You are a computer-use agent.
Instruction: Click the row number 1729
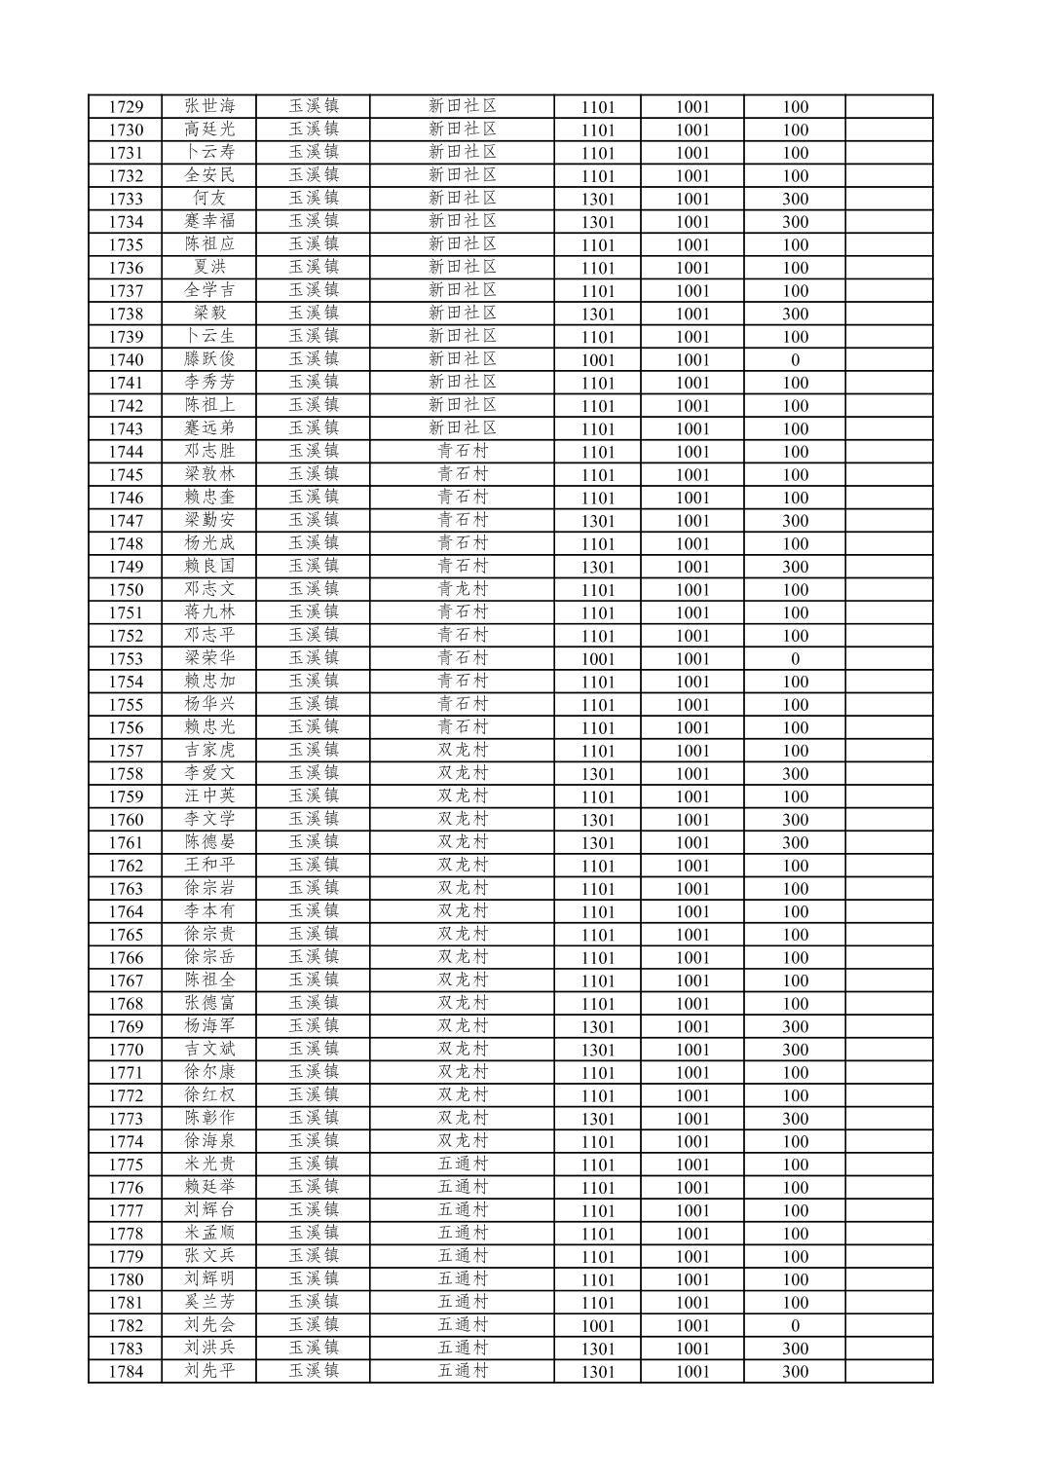(126, 107)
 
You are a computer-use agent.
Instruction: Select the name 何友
(209, 199)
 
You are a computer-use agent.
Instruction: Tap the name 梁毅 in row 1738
(209, 314)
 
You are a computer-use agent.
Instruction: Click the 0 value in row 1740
(795, 360)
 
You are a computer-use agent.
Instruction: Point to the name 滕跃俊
(209, 359)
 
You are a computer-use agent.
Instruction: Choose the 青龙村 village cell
(462, 589)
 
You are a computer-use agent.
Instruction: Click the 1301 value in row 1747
(598, 521)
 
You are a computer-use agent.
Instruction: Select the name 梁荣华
(209, 658)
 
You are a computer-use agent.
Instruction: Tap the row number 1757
(126, 751)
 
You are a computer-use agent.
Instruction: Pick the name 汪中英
(209, 796)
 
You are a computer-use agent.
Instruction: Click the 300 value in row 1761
(795, 843)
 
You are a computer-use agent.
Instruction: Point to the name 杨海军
(209, 1026)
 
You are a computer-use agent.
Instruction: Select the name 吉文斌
(209, 1050)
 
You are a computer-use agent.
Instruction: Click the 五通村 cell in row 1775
(462, 1165)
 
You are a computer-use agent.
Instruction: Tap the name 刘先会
(209, 1325)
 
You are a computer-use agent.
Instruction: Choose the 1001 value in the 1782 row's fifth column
(598, 1326)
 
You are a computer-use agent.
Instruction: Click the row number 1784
(126, 1372)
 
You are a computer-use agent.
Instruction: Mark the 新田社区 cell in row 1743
(462, 428)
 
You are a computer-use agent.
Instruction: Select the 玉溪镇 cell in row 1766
(313, 957)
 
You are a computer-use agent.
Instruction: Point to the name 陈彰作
(209, 1119)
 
